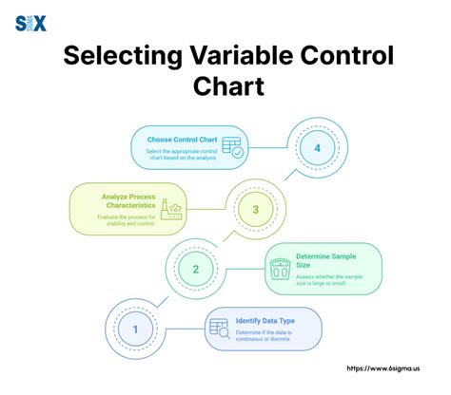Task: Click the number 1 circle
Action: tap(134, 329)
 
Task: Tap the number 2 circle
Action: tap(196, 269)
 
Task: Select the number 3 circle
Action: tap(255, 210)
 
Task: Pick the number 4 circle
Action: tap(317, 149)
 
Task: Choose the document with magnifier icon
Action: tap(217, 329)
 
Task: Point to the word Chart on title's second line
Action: tap(225, 88)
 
